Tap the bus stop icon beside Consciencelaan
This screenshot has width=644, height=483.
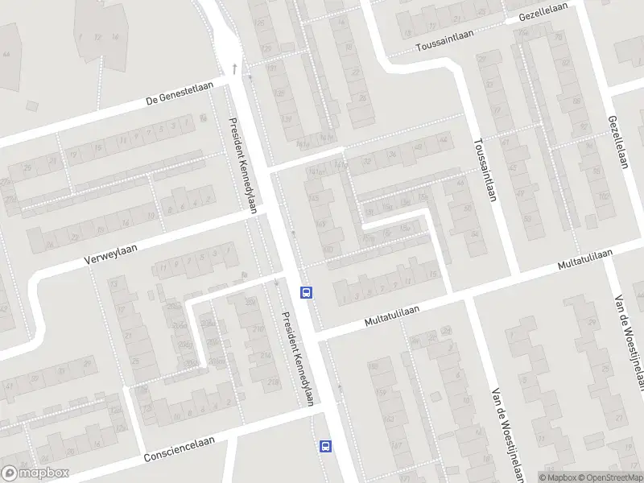pos(326,446)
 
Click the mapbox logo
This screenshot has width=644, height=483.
pos(35,473)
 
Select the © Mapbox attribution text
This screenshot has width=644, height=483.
pos(559,477)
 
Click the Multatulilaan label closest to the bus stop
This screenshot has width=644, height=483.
pos(392,314)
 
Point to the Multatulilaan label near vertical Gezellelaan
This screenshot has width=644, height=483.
pos(585,259)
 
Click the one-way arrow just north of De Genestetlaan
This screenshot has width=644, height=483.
pos(234,68)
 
